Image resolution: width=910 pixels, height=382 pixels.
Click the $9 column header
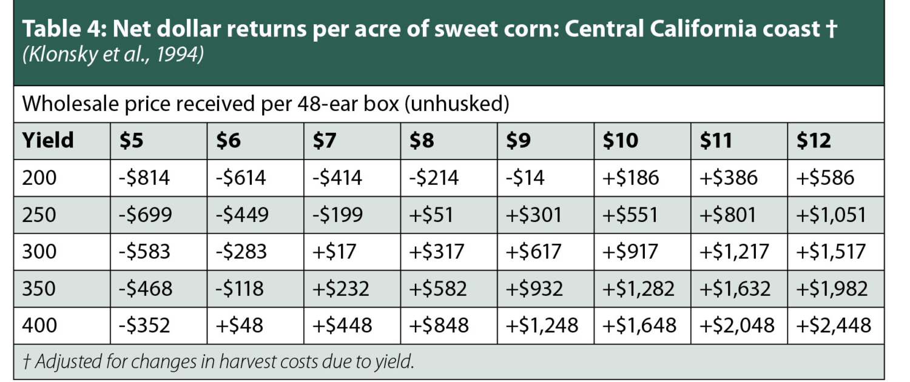519,141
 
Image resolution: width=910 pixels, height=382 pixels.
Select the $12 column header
814,141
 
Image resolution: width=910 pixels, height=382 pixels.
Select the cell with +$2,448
834,326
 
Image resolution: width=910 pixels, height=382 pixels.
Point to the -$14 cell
525,178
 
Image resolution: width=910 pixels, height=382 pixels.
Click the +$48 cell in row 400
240,326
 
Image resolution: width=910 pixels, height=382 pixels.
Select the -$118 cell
240,288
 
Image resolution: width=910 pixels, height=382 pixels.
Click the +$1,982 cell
832,288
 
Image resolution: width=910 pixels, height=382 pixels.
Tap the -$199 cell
337,215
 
